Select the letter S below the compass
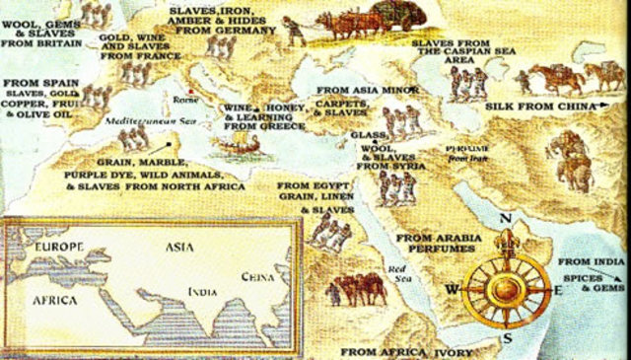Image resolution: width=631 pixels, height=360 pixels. click(509, 338)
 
